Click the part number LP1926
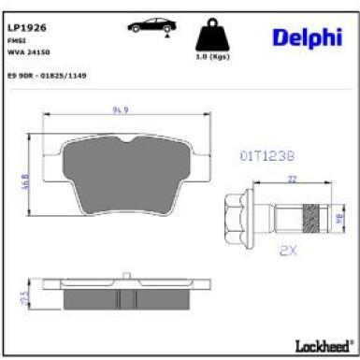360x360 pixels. click(x=27, y=29)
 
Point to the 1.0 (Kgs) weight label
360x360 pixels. click(x=212, y=58)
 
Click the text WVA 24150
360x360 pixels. click(x=31, y=53)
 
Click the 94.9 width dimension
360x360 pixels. click(x=119, y=109)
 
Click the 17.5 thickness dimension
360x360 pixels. click(x=25, y=297)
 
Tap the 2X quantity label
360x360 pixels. click(x=287, y=252)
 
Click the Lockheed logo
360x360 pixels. click(x=321, y=345)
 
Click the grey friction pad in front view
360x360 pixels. click(x=119, y=178)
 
